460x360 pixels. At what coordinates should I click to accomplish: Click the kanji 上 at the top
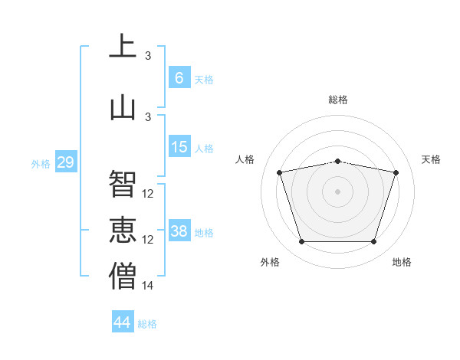[123, 45]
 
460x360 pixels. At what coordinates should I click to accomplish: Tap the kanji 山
[123, 109]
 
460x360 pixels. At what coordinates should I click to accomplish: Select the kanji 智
[123, 183]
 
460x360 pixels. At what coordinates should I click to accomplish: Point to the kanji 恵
[123, 230]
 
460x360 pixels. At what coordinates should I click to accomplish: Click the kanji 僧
[123, 276]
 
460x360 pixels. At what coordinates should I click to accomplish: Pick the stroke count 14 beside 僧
[147, 285]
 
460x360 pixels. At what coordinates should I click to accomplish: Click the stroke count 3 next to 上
[148, 55]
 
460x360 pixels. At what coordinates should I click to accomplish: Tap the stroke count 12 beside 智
[147, 194]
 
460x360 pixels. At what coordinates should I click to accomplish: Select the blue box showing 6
[179, 77]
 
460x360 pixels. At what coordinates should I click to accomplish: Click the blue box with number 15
[179, 146]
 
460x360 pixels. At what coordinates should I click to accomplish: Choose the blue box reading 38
[179, 230]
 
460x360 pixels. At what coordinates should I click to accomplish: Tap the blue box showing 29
[66, 162]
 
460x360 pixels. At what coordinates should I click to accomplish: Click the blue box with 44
[123, 321]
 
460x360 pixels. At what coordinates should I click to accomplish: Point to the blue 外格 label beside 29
[41, 164]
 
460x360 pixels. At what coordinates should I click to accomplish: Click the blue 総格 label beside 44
[147, 324]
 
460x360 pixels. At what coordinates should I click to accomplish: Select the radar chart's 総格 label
[338, 100]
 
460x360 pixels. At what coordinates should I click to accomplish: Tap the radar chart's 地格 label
[402, 262]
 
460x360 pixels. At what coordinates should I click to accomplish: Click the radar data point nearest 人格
[279, 172]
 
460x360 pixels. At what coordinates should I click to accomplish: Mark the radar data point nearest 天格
[396, 172]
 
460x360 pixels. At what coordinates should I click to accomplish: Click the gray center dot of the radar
[337, 191]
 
